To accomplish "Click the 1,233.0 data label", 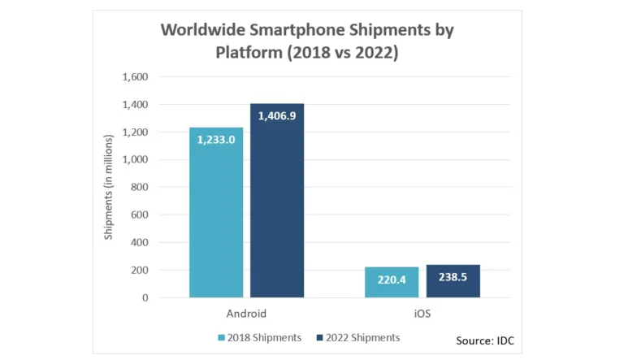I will pyautogui.click(x=216, y=140).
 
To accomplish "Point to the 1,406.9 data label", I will pyautogui.click(x=277, y=116).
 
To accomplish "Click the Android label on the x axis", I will pyautogui.click(x=246, y=313).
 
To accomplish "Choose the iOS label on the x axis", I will pyautogui.click(x=422, y=313).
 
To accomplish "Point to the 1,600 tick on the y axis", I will pyautogui.click(x=135, y=77).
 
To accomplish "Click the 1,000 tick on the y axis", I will pyautogui.click(x=135, y=160).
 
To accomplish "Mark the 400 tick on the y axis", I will pyautogui.click(x=138, y=242).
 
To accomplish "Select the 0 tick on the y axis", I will pyautogui.click(x=145, y=297).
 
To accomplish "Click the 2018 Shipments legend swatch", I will pyautogui.click(x=221, y=337).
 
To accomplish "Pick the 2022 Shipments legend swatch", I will pyautogui.click(x=319, y=337).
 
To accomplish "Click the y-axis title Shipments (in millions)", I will pyautogui.click(x=109, y=188).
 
